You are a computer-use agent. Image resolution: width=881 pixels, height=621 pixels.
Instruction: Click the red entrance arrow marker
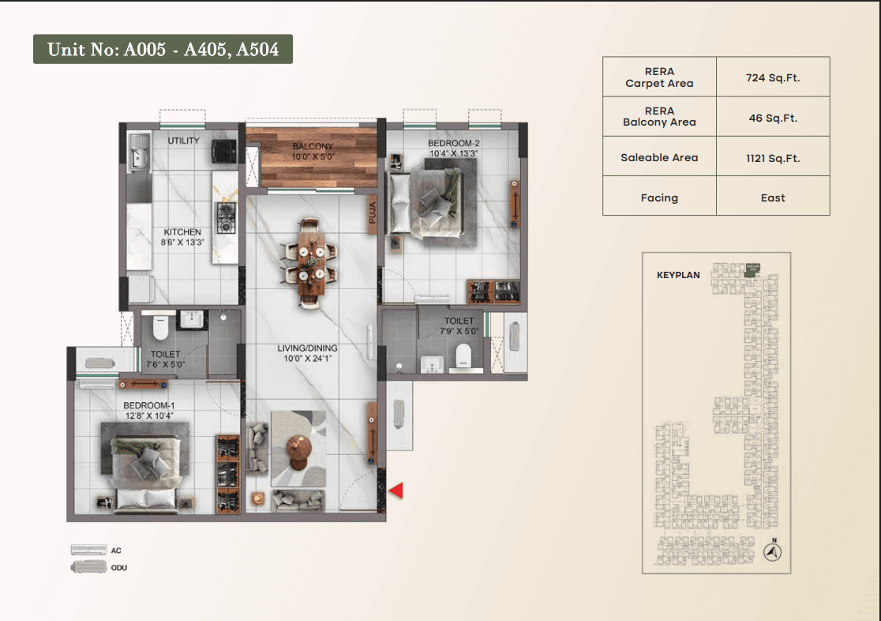tap(396, 491)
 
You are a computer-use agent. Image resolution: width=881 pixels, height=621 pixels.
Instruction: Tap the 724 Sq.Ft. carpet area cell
tap(773, 77)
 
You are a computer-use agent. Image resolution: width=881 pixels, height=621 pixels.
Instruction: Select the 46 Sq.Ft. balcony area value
tap(773, 119)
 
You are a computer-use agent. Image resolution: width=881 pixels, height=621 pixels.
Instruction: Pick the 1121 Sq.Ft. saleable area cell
tap(773, 158)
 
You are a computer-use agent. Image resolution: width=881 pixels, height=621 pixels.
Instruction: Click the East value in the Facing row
tap(773, 198)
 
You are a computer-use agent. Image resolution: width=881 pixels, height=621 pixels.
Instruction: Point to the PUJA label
tap(372, 213)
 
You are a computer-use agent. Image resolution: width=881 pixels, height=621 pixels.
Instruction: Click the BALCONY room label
tap(313, 146)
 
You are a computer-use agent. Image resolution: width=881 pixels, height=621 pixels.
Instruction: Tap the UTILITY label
tap(183, 141)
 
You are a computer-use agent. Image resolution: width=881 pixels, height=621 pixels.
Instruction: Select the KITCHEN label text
tap(182, 231)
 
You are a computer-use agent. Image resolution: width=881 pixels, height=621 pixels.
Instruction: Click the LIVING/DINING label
tap(307, 348)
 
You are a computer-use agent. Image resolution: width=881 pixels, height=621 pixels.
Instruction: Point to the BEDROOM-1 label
tap(149, 405)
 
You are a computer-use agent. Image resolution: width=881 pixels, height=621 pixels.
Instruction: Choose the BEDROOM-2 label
tap(453, 144)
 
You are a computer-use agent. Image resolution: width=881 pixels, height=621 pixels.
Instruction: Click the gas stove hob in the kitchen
tap(226, 218)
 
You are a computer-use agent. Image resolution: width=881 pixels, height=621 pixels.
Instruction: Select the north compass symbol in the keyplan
tap(773, 551)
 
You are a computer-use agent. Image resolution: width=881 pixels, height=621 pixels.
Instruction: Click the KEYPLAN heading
tap(678, 275)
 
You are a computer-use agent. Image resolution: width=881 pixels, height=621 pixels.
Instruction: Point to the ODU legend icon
tap(88, 566)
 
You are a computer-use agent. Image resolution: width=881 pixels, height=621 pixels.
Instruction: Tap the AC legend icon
tap(88, 550)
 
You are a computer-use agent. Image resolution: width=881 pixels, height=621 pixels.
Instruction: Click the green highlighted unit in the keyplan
tap(752, 270)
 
